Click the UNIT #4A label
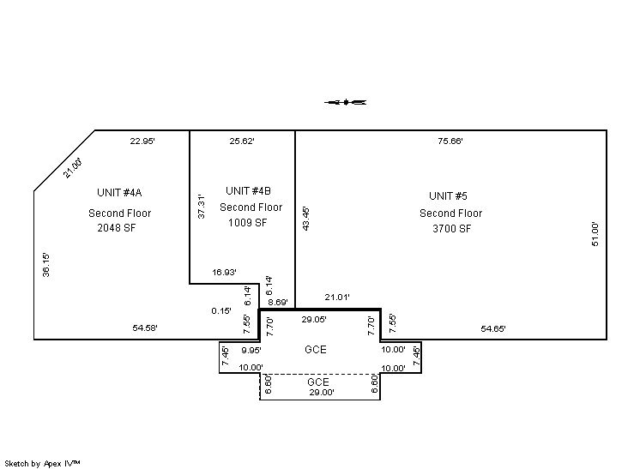(x=119, y=193)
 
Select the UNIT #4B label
(x=248, y=191)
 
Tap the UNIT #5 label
(x=448, y=196)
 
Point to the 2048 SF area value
(x=117, y=228)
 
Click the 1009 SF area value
(x=247, y=223)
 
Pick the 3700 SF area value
(x=452, y=229)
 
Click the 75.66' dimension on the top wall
(x=450, y=141)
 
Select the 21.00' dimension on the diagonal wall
(x=73, y=167)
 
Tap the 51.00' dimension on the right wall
(x=595, y=234)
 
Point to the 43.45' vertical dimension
(x=306, y=219)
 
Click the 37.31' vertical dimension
(x=202, y=207)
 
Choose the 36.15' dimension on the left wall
(x=46, y=265)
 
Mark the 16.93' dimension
(x=224, y=272)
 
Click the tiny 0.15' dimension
(x=221, y=310)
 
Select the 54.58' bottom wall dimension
(x=145, y=328)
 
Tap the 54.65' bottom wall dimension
(x=493, y=328)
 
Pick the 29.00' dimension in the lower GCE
(x=322, y=393)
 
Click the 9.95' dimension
(x=251, y=350)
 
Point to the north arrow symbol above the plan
(x=345, y=102)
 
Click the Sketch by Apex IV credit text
(x=42, y=463)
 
